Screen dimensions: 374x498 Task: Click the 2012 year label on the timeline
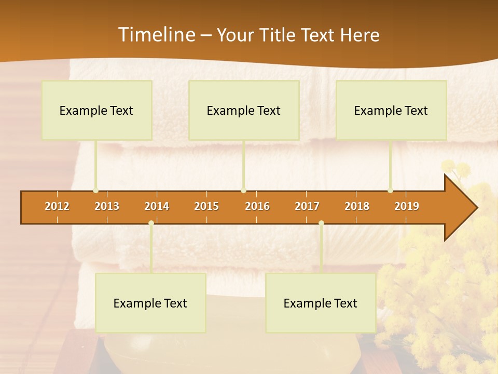click(57, 206)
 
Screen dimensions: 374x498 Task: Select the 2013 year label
click(107, 206)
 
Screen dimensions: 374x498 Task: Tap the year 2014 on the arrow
click(157, 206)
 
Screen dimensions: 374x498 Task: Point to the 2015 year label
click(206, 206)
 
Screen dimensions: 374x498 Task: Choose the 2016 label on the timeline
click(257, 206)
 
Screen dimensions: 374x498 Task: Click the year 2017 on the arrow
click(307, 206)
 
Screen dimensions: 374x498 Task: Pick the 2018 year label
click(357, 206)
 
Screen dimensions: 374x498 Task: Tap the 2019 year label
click(407, 206)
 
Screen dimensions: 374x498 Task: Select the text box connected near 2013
click(96, 110)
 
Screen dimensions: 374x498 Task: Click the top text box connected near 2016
click(244, 110)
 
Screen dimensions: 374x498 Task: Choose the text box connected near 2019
click(391, 110)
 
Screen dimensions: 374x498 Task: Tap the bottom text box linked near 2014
click(150, 303)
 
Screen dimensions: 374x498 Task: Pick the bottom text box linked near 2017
click(321, 303)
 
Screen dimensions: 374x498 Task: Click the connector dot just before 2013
click(96, 191)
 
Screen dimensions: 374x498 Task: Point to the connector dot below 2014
click(151, 223)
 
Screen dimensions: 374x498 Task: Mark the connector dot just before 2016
click(244, 191)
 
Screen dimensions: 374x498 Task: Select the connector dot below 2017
click(321, 223)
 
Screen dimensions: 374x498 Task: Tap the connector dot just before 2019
click(391, 191)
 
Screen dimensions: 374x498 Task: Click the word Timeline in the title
click(156, 35)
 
